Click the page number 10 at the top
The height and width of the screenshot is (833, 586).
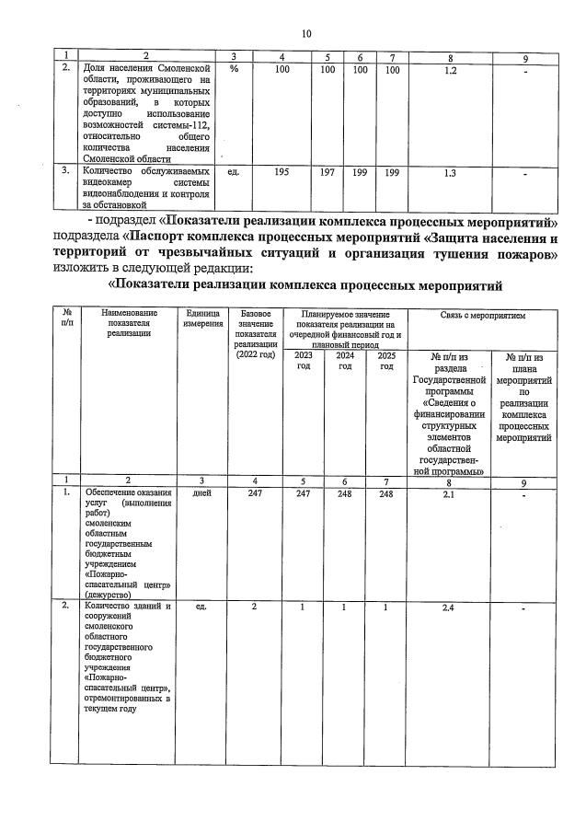305,34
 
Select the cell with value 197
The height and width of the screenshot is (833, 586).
327,172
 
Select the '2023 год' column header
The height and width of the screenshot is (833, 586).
303,360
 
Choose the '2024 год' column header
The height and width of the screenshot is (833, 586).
345,360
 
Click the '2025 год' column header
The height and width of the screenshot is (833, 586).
386,360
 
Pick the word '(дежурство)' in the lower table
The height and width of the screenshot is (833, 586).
107,595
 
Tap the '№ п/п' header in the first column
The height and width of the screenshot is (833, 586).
65,318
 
